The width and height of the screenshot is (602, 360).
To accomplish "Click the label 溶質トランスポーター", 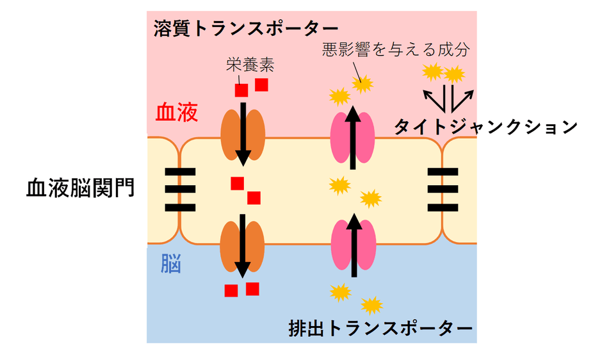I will (246, 29).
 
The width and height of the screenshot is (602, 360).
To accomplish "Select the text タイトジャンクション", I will (485, 127).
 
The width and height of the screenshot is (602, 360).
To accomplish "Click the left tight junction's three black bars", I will (180, 190).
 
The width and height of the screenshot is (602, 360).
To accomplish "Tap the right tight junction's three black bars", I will (443, 190).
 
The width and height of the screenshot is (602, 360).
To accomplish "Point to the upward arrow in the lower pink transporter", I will (354, 247).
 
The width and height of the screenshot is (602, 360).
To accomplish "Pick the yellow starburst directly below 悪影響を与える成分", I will (364, 82).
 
